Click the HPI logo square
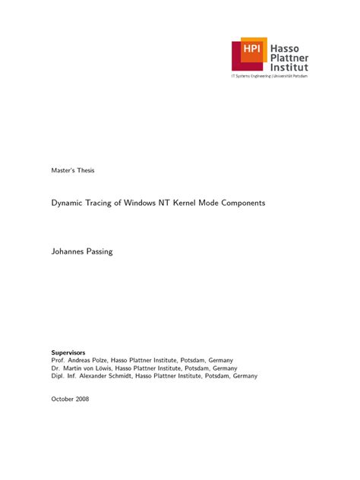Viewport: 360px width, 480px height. tap(251, 51)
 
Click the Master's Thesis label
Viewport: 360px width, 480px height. tap(73, 169)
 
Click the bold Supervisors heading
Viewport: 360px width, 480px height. tap(68, 352)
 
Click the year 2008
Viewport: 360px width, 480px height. tap(82, 399)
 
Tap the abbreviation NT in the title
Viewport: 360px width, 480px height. tap(164, 204)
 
